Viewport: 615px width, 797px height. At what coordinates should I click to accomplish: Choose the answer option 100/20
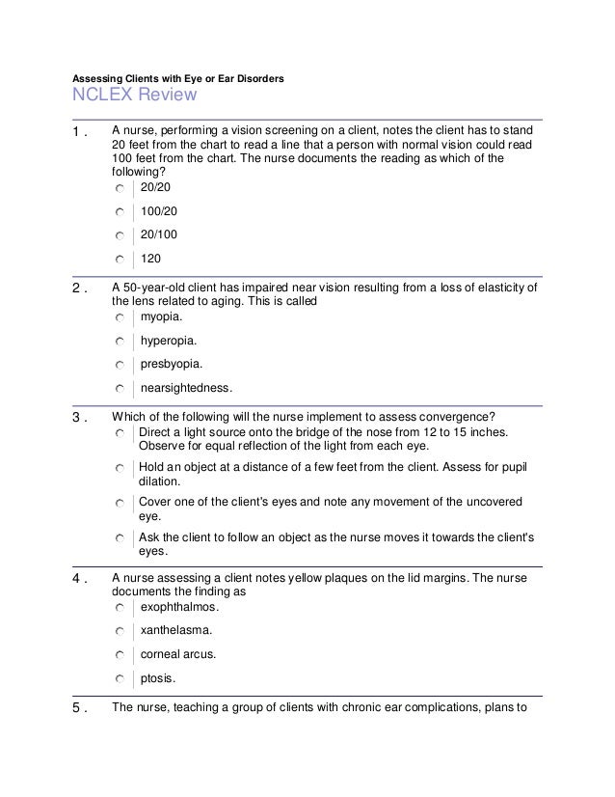coord(159,209)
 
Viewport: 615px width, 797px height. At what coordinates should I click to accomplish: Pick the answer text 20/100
coord(159,234)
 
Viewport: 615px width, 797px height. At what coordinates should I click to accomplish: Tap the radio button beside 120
coord(118,259)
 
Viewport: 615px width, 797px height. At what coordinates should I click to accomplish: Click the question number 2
coord(82,288)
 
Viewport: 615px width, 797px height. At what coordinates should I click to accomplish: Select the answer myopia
coord(160,316)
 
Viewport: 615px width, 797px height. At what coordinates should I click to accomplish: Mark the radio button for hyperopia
coord(118,342)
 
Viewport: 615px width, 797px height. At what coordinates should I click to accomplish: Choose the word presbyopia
coord(172,365)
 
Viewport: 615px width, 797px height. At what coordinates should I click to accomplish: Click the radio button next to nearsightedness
coord(118,390)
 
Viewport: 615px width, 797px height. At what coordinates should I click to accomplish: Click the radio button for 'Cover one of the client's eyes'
coord(118,504)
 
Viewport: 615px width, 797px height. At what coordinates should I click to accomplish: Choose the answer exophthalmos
coord(179,608)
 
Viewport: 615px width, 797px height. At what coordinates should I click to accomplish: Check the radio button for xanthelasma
coord(118,632)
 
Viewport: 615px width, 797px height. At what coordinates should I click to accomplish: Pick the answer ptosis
coord(159,678)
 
